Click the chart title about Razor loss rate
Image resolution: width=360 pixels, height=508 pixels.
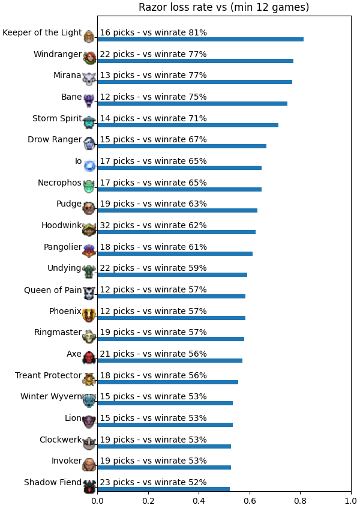pos(224,7)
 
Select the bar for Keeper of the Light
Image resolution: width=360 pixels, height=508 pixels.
pos(200,40)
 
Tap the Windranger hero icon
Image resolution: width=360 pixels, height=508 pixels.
pos(89,58)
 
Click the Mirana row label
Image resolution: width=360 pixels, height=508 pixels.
pos(67,75)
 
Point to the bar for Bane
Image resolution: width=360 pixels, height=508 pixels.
pos(193,104)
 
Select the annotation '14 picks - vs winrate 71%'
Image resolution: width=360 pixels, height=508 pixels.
pos(153,118)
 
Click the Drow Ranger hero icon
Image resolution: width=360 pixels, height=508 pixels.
pos(89,143)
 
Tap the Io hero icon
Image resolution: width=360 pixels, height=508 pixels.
pos(89,165)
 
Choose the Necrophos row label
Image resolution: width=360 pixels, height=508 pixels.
pos(59,183)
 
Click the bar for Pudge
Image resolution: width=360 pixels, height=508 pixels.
pos(178,211)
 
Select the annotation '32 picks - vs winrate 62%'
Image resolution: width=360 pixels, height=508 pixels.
pos(153,225)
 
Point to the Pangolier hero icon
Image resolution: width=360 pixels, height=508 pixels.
pos(89,250)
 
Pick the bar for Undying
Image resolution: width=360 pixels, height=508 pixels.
pos(172,275)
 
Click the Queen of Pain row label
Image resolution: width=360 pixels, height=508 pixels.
pos(53,290)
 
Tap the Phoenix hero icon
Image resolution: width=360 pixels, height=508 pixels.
pos(89,315)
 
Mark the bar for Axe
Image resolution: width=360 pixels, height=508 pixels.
pos(170,361)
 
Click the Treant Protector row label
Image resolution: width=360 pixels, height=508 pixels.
pos(48,375)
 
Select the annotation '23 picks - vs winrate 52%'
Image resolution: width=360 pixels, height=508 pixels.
pos(153,482)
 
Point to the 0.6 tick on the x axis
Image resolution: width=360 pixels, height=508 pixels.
pos(250,501)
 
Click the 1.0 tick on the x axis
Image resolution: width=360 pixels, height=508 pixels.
pos(351,501)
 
